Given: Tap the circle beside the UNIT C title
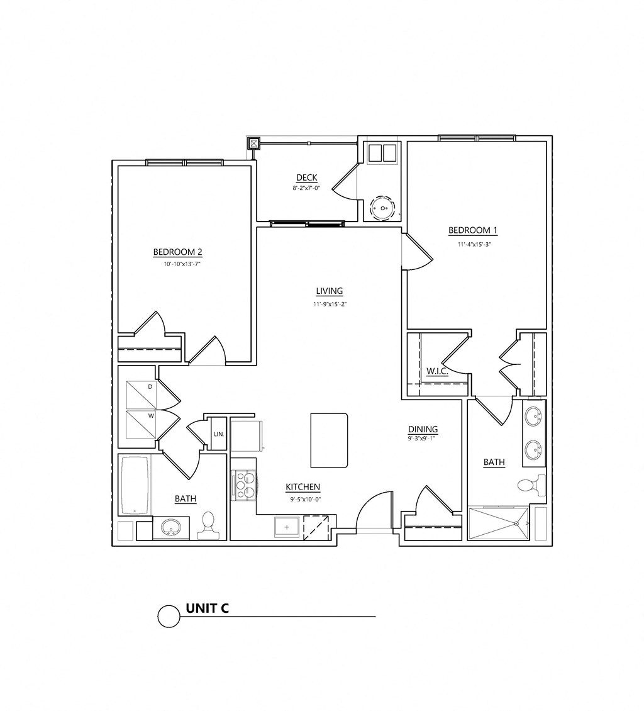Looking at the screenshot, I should (x=169, y=617).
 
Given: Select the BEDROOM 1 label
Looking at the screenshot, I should (x=473, y=230).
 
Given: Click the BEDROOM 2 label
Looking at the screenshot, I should (x=177, y=252).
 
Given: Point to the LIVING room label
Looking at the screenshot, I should (x=330, y=291).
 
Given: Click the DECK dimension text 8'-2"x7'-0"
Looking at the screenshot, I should (x=306, y=188).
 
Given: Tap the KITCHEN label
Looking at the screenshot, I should (x=303, y=487).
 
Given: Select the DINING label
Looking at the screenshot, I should (x=423, y=429).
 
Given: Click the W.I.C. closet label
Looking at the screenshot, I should (x=436, y=371).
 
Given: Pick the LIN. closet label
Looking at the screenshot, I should (x=219, y=434).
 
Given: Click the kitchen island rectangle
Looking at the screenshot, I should (x=329, y=440).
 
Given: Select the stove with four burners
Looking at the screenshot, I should (x=244, y=484).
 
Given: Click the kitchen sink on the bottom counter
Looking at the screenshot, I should (x=287, y=526).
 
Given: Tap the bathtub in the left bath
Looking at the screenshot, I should (x=135, y=484).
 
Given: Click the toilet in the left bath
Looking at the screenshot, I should (x=208, y=525).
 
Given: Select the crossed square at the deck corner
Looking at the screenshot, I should (x=253, y=143).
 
